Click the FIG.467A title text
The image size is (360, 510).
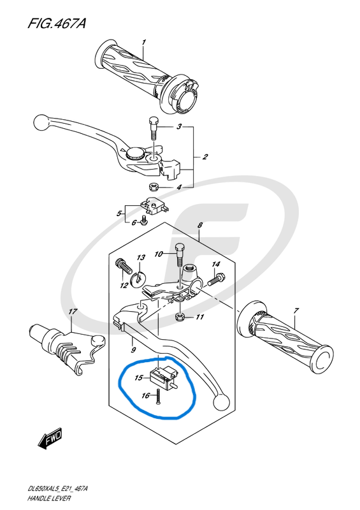(57, 24)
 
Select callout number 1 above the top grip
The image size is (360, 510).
(143, 42)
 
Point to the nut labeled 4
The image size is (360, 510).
(153, 187)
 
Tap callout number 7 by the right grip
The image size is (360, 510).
(295, 311)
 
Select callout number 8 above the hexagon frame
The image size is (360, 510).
(199, 225)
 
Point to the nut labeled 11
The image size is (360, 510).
(180, 316)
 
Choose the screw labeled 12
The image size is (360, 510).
(124, 265)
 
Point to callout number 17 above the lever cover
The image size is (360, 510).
(73, 312)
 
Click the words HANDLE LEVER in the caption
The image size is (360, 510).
(49, 498)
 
